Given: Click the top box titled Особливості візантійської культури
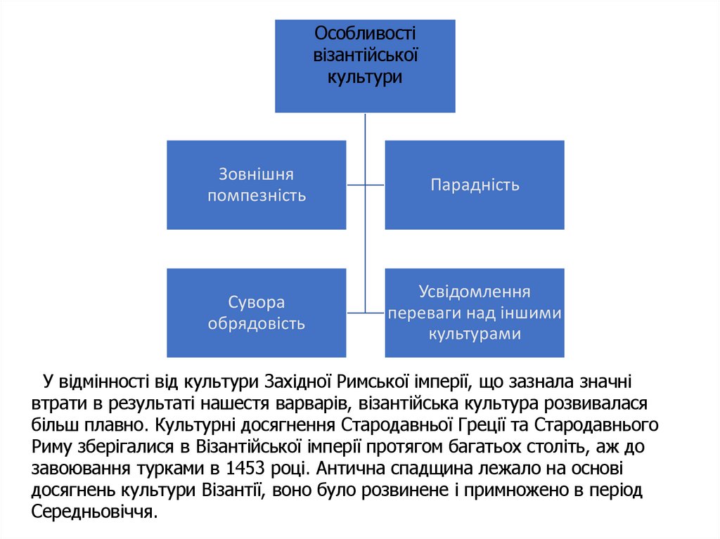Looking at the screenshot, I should coord(365,66).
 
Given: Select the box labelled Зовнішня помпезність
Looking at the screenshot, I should coord(257,185).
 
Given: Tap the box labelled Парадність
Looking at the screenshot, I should coord(475,185).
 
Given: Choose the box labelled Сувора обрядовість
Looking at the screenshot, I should coord(257,313).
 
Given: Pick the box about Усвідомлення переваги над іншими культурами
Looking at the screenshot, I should coord(475,313).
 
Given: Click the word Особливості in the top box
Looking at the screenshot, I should coord(365,33).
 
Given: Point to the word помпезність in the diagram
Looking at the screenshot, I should coord(257,195).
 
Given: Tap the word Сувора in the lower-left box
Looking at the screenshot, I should coord(257,303).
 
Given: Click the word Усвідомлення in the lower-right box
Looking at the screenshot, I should coord(475,292).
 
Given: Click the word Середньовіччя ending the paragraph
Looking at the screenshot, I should coord(91,512).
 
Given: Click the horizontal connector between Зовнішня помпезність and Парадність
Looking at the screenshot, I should coord(365,186).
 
